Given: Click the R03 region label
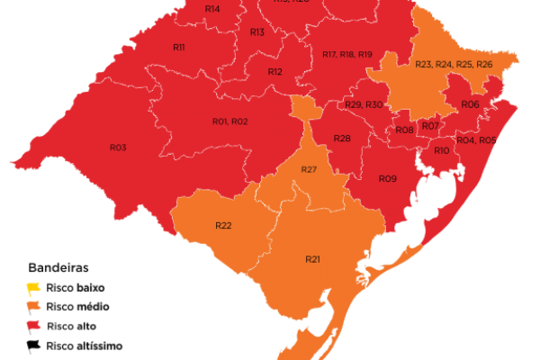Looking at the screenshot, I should click(x=118, y=147).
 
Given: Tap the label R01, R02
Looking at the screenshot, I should click(x=229, y=121).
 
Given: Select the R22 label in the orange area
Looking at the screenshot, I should click(x=224, y=225).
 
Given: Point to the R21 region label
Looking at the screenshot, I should click(x=313, y=259).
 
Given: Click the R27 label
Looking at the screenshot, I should click(x=309, y=170).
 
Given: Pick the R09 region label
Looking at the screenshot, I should click(x=387, y=179).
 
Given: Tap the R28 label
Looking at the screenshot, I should click(x=342, y=139).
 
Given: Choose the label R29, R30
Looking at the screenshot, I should click(x=364, y=105).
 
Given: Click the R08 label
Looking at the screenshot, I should click(x=405, y=130).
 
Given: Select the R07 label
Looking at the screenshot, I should click(x=430, y=125).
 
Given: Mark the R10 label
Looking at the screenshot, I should click(x=442, y=150).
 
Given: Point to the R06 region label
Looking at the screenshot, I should click(x=470, y=105).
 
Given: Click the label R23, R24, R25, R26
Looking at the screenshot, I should click(x=454, y=64).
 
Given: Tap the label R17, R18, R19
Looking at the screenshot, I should click(x=346, y=55).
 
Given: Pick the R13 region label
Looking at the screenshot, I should click(x=256, y=32).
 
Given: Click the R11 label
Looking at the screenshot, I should click(x=178, y=47).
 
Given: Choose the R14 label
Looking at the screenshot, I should click(x=212, y=9).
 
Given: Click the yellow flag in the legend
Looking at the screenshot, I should click(x=33, y=288).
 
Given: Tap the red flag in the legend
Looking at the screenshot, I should click(x=33, y=325).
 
